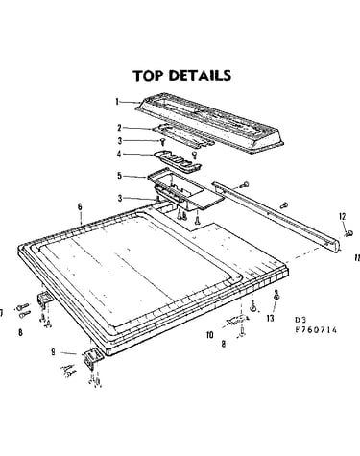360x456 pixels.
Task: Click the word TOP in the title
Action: (x=149, y=76)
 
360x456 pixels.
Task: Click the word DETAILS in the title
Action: (x=200, y=76)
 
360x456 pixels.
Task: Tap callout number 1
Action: (x=117, y=102)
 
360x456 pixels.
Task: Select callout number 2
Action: (x=119, y=128)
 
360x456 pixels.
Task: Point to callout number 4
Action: (x=119, y=154)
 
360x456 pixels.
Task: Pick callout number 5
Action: (x=119, y=176)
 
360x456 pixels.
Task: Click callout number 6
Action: (x=80, y=207)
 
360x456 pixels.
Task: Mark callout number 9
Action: (x=53, y=352)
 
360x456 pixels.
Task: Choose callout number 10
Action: (x=210, y=335)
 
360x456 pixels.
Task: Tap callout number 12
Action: (x=343, y=216)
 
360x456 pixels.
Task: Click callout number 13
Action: (x=271, y=318)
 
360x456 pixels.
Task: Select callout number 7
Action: (x=2, y=313)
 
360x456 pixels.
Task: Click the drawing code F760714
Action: (x=316, y=330)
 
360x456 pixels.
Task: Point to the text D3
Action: (x=300, y=320)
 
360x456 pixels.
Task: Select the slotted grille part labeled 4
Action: (x=178, y=159)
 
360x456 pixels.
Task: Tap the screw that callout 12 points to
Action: (x=349, y=233)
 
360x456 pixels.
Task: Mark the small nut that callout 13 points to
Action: (x=276, y=297)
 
